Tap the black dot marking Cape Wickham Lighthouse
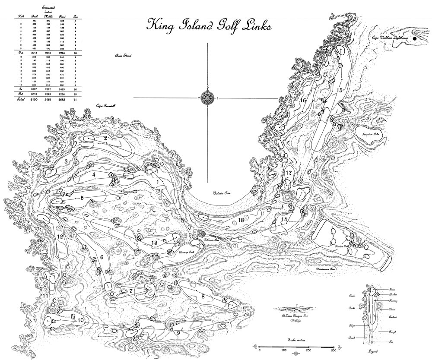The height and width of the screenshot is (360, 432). tap(415, 38)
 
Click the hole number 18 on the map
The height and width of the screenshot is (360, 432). tap(241, 220)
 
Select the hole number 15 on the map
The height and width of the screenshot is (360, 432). tap(340, 90)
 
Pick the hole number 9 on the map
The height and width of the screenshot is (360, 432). tap(178, 332)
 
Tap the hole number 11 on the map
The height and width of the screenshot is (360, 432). tap(46, 296)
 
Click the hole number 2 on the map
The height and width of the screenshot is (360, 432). tap(105, 138)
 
